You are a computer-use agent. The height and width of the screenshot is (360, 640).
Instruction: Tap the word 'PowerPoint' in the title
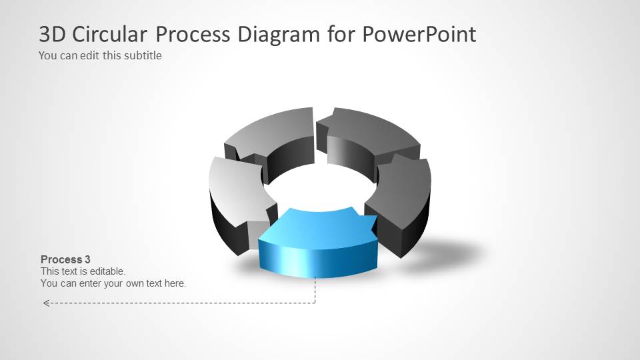pyautogui.click(x=419, y=34)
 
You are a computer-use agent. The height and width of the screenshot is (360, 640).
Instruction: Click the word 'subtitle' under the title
pyautogui.click(x=141, y=55)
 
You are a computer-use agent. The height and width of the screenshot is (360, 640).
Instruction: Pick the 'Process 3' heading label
pyautogui.click(x=65, y=259)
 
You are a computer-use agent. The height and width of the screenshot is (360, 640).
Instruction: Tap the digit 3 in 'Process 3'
pyautogui.click(x=87, y=259)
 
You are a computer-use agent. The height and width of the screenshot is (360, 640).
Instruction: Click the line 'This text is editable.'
pyautogui.click(x=83, y=271)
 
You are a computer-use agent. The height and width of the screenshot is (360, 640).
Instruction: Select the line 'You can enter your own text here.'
pyautogui.click(x=113, y=283)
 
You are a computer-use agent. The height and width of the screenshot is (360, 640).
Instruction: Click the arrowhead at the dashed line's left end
pyautogui.click(x=45, y=303)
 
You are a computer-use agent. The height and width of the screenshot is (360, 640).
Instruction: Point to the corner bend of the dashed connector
pyautogui.click(x=315, y=303)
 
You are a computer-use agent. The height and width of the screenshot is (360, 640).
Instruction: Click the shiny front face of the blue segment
pyautogui.click(x=317, y=260)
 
